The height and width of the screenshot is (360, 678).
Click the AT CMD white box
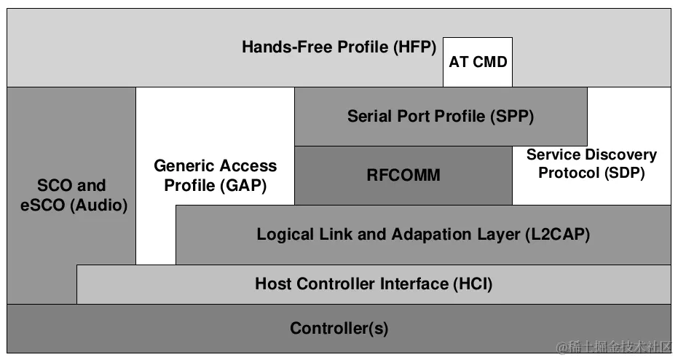[477, 62]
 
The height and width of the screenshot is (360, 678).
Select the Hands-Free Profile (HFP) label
[339, 47]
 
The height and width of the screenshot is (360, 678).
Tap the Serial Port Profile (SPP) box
[441, 116]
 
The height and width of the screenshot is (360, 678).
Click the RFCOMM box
[403, 175]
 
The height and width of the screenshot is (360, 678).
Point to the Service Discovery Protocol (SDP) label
[591, 164]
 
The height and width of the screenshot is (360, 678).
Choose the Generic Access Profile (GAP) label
[215, 176]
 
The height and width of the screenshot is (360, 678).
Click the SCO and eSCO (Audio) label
[71, 195]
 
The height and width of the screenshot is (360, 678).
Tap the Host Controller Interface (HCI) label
[374, 283]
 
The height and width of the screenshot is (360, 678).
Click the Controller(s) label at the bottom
[339, 328]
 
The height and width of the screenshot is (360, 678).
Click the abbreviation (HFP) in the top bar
[414, 47]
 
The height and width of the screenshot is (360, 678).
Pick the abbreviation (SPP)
[514, 116]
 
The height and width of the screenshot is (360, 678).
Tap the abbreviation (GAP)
[243, 185]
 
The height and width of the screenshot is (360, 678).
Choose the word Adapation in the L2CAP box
[435, 235]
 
